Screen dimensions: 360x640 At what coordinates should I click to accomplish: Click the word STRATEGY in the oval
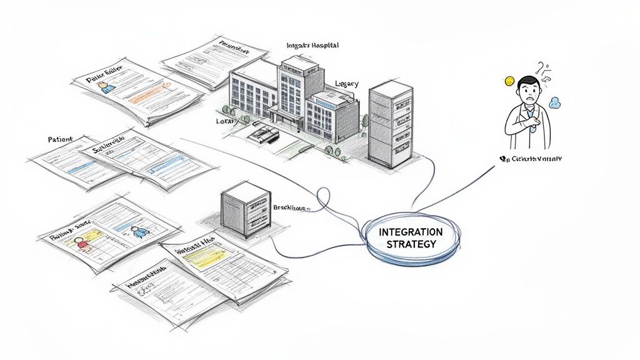pyautogui.click(x=411, y=244)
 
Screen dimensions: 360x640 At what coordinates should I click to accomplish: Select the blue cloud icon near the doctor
pyautogui.click(x=553, y=101)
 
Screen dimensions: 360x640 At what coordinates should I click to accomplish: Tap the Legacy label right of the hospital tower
pyautogui.click(x=347, y=83)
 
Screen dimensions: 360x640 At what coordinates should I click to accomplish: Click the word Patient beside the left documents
pyautogui.click(x=59, y=139)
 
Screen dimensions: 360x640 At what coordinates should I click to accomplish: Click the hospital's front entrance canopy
pyautogui.click(x=286, y=111)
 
